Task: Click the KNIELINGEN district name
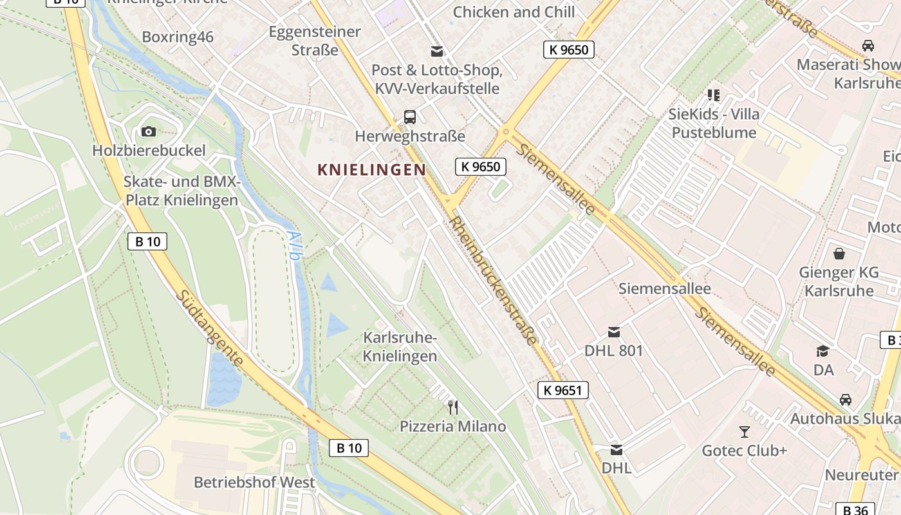(371, 170)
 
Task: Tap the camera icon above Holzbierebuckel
(149, 132)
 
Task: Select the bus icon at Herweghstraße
(410, 117)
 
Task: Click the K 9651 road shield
(562, 389)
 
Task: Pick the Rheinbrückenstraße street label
(492, 280)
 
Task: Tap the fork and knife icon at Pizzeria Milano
(453, 407)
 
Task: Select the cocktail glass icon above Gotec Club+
(745, 431)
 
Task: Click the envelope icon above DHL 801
(614, 332)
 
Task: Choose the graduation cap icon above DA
(823, 351)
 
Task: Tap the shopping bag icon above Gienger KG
(839, 253)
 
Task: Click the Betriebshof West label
(254, 482)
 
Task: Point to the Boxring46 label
(178, 37)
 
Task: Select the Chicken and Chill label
(514, 12)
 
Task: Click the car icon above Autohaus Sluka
(846, 399)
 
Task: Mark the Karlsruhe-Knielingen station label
(400, 347)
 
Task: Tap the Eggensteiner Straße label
(315, 41)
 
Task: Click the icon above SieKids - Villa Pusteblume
(713, 95)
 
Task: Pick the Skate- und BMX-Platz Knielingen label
(181, 191)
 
